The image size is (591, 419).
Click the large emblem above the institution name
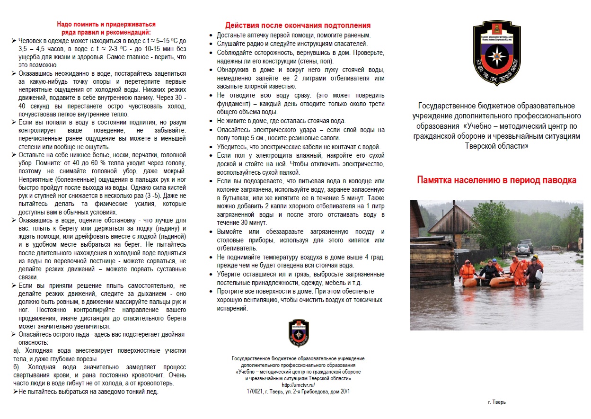click(x=496, y=47)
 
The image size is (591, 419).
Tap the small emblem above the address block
click(x=299, y=333)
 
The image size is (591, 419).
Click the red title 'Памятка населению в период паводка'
click(x=496, y=180)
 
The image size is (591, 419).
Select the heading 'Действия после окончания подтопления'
click(x=298, y=26)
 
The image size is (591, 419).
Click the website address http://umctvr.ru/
click(x=298, y=385)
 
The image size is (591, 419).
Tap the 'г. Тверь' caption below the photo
click(x=496, y=402)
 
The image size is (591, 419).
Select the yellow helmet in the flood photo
click(x=535, y=256)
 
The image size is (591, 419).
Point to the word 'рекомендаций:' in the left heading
click(x=129, y=32)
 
